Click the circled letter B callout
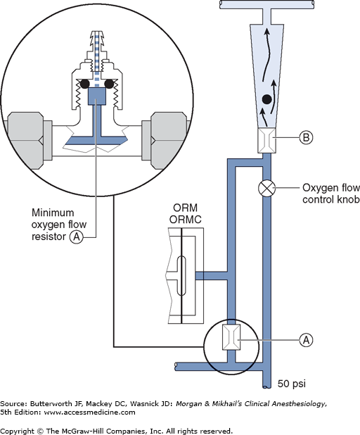click(x=307, y=137)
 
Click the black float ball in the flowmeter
click(x=267, y=99)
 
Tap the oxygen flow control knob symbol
click(x=267, y=189)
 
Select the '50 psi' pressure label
click(x=292, y=384)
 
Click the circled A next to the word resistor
click(x=77, y=237)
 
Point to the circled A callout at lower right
click(x=307, y=340)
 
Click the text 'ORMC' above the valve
click(x=185, y=220)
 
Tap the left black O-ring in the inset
click(x=84, y=84)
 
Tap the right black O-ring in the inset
click(x=109, y=84)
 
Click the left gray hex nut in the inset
click(x=25, y=141)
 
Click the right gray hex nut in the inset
click(x=169, y=141)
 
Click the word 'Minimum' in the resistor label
click(x=53, y=213)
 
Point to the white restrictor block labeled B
click(x=266, y=140)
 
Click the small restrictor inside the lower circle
click(x=231, y=337)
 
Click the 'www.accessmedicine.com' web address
click(x=89, y=412)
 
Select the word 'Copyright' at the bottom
click(x=17, y=431)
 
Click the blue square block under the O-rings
click(x=97, y=96)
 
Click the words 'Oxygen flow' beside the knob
click(x=331, y=188)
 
